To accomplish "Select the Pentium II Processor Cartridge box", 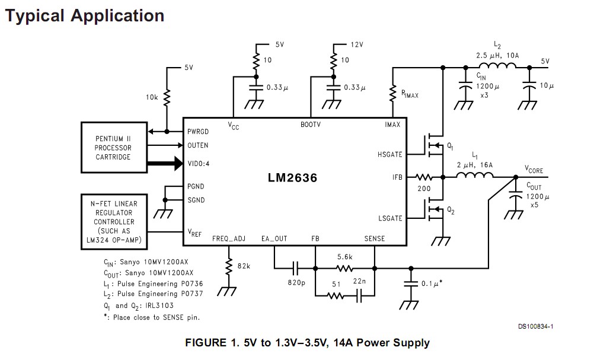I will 113,148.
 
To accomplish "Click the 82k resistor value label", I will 244,266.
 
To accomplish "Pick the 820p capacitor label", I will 296,282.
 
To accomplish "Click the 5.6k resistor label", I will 345,257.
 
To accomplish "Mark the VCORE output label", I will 534,170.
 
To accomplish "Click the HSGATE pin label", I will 389,154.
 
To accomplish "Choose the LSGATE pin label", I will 389,218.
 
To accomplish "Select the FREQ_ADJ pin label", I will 229,238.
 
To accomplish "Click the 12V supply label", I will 356,44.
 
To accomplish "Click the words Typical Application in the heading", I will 84,15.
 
